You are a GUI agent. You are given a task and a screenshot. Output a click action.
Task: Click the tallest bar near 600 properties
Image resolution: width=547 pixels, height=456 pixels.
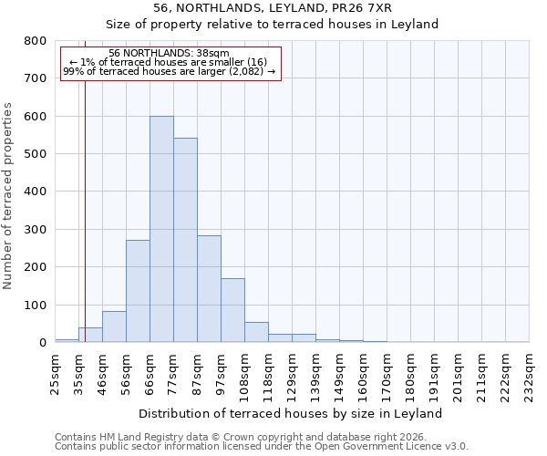coord(161,229)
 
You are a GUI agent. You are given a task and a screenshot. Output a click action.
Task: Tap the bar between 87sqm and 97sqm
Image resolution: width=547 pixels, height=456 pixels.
coord(209,301)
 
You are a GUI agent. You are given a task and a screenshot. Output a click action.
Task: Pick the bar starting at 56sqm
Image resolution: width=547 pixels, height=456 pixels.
coord(138,291)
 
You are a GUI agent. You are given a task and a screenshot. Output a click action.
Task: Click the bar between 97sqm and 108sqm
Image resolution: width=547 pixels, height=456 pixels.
coord(232,310)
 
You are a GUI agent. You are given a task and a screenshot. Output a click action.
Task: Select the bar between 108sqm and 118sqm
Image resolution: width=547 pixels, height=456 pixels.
coord(256,332)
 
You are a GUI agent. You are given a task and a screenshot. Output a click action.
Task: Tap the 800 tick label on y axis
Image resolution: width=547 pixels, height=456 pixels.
coord(36,41)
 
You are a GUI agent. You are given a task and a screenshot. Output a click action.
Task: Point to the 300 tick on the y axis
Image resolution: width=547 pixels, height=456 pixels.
coord(36,230)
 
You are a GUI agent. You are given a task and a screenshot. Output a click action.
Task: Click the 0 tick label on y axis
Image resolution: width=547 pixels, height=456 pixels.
coord(42,343)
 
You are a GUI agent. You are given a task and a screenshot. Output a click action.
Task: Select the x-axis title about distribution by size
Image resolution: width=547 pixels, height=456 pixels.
coord(292,413)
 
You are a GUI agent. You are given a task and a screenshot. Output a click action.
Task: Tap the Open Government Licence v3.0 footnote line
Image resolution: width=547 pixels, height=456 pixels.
coord(262,447)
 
